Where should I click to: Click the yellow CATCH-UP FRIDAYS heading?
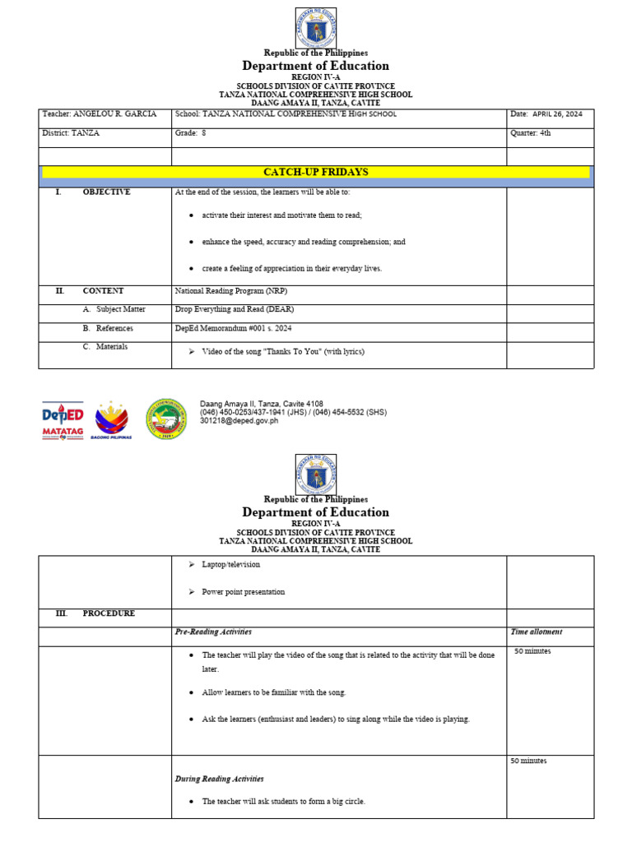(x=315, y=172)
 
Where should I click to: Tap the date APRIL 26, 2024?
(x=557, y=114)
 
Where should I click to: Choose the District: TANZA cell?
(x=71, y=132)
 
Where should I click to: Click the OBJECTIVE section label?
(x=106, y=192)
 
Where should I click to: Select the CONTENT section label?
(x=103, y=290)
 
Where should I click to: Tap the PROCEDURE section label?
(x=109, y=613)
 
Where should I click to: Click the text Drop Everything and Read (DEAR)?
(x=234, y=309)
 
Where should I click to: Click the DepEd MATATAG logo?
(x=63, y=419)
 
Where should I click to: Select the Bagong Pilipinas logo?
(x=113, y=419)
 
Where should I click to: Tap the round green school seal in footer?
(x=166, y=418)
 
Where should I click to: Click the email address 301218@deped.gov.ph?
(x=239, y=420)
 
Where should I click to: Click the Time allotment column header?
(x=537, y=631)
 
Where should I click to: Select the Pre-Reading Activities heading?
(x=213, y=631)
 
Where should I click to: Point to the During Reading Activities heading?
(x=219, y=779)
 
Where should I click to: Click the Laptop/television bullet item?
(x=230, y=565)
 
